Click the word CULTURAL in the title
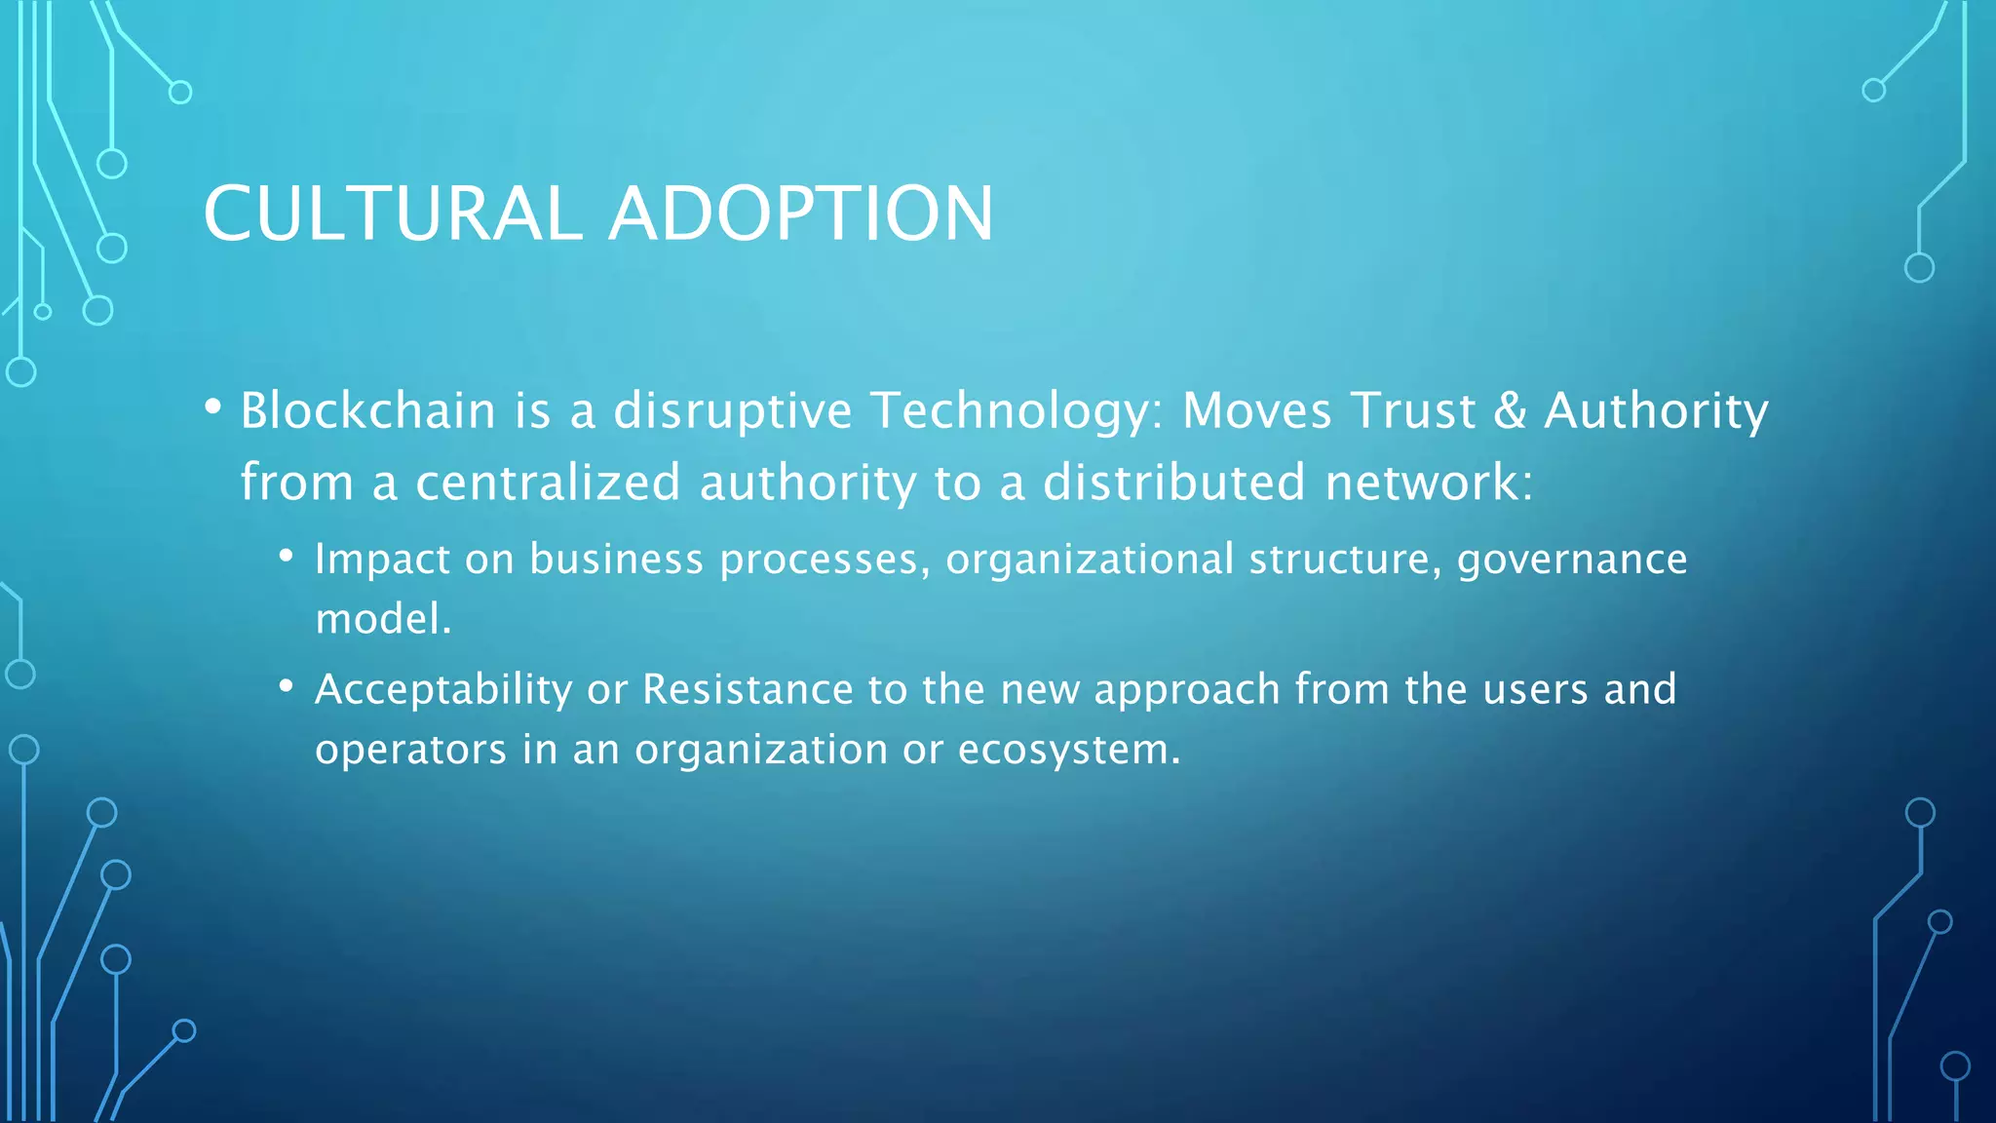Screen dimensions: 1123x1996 pos(393,214)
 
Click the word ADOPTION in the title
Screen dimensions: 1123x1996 pos(801,214)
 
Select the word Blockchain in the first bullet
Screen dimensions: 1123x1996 pos(368,410)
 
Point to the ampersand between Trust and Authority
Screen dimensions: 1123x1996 pos(1510,410)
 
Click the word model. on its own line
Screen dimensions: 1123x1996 pos(383,620)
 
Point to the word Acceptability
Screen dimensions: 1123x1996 pos(443,690)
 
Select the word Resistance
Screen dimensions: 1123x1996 pos(748,690)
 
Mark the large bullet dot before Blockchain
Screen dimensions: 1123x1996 pos(213,407)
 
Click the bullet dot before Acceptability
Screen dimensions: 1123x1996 pos(286,686)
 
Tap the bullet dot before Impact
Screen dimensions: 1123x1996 pos(286,556)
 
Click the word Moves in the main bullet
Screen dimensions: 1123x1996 pos(1256,410)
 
